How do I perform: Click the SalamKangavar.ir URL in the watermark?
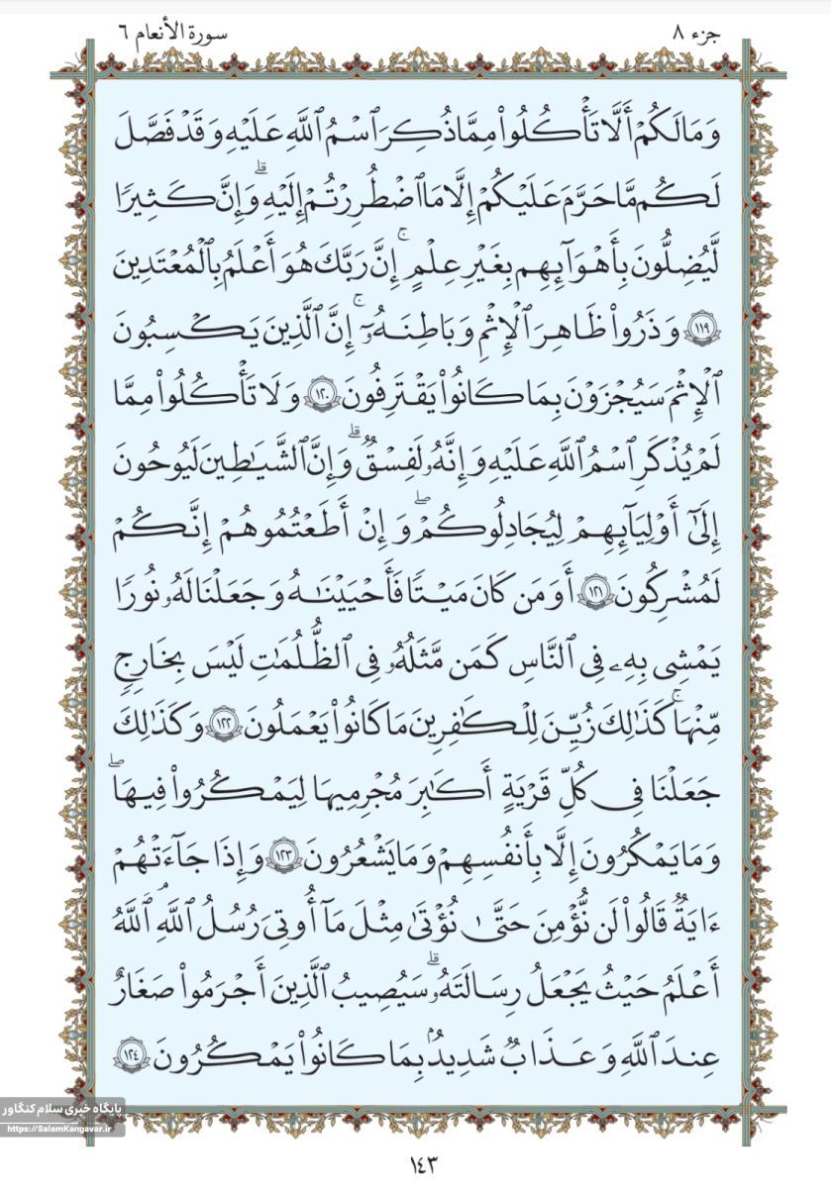point(61,1131)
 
